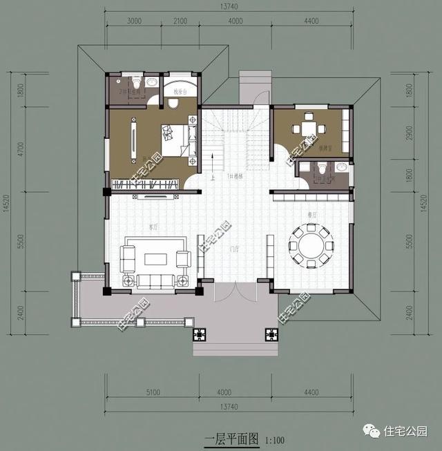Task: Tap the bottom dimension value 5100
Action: (153, 392)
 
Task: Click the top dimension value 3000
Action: (135, 21)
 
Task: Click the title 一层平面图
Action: (231, 437)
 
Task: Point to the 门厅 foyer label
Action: (235, 249)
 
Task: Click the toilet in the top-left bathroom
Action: (137, 84)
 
